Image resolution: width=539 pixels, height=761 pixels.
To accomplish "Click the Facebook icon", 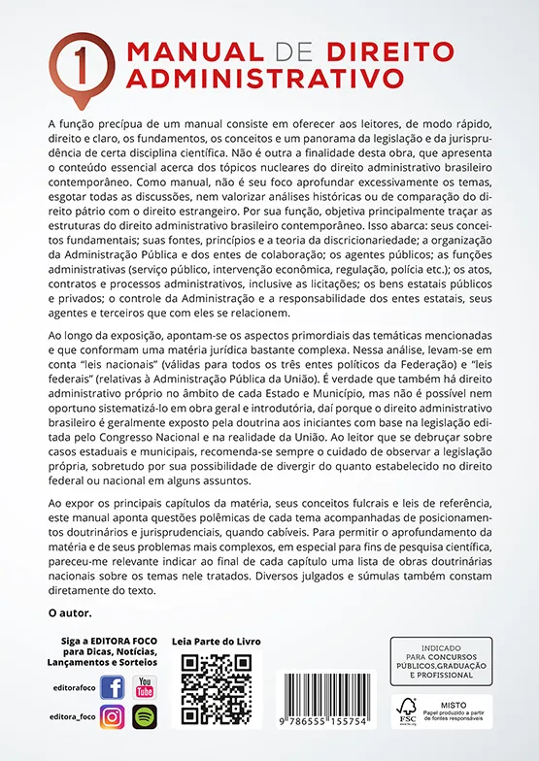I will (x=113, y=688).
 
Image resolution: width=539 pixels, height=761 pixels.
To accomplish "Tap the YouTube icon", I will (x=145, y=687).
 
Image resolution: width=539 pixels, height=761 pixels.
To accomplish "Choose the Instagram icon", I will (x=113, y=717).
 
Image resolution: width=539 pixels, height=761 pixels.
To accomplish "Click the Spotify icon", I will (x=145, y=717).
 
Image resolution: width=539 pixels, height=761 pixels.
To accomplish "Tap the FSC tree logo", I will (x=408, y=709).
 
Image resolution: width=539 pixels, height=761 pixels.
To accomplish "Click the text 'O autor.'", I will (x=70, y=613).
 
